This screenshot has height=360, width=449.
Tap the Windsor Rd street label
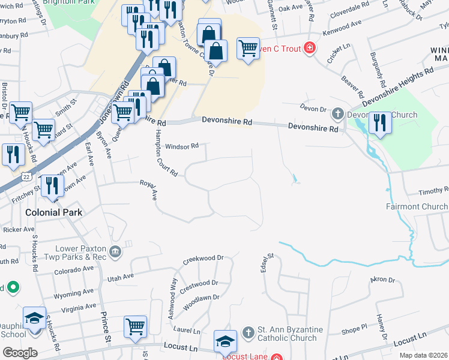pos(182,146)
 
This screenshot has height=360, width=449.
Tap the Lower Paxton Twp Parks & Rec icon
pos(115,251)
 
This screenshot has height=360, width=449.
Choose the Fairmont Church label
pos(417,207)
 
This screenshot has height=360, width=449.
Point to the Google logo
pos(20,352)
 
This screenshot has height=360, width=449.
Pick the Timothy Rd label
pos(433,191)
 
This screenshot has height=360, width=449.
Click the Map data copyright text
pos(423,355)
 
